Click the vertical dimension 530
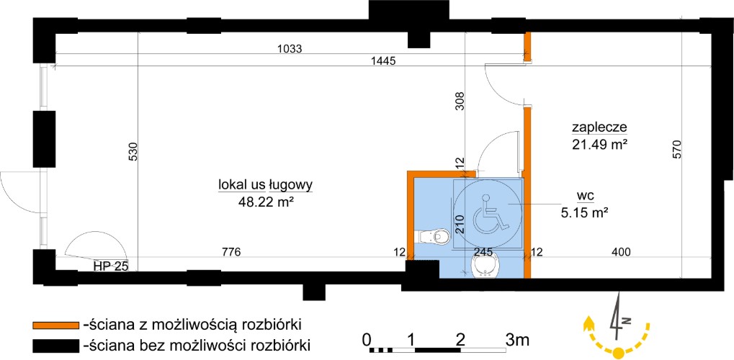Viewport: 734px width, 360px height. click(x=133, y=152)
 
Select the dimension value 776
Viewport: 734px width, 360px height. click(x=231, y=252)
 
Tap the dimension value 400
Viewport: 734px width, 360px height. click(x=621, y=252)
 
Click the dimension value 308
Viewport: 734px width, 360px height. click(x=460, y=100)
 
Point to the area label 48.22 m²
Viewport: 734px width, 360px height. click(x=265, y=201)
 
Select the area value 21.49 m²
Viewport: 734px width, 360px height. click(x=599, y=144)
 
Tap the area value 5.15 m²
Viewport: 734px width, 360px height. click(x=584, y=213)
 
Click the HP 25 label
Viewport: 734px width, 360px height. click(x=110, y=266)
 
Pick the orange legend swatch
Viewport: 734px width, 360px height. click(x=55, y=325)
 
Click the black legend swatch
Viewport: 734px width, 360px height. click(x=55, y=346)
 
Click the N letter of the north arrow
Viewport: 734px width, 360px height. click(x=627, y=320)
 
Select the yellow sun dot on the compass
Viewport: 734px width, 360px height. click(x=619, y=352)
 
